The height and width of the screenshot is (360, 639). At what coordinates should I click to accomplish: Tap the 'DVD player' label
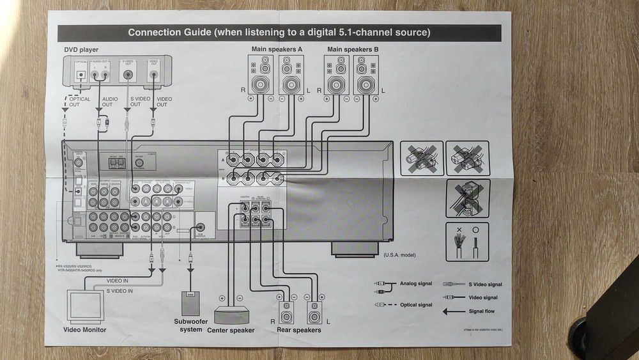point(81,49)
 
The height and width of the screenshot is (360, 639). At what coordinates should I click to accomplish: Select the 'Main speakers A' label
point(276,49)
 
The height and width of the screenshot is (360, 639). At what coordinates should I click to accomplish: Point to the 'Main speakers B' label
point(353,49)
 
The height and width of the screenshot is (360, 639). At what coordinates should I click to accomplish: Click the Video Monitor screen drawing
point(86,305)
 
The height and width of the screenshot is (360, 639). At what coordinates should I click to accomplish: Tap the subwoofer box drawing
point(190,302)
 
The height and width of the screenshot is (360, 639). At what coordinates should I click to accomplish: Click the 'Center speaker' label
point(231,331)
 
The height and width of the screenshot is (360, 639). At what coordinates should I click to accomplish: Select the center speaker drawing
point(231,315)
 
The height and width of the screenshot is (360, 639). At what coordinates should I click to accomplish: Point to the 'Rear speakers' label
point(299,331)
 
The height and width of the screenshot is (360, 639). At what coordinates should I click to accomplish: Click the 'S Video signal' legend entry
point(486,284)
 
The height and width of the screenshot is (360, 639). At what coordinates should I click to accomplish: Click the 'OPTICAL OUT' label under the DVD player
point(79,102)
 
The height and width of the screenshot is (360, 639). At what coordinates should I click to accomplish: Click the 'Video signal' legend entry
point(482,297)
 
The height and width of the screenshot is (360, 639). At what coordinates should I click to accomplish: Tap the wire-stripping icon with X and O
point(467,241)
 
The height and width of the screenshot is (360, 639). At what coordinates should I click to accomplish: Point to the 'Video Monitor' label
point(85,330)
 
